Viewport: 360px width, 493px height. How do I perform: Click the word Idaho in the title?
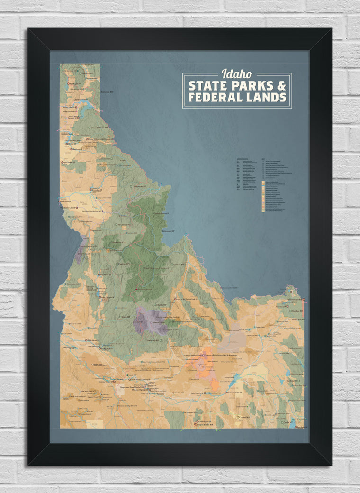click(x=237, y=74)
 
